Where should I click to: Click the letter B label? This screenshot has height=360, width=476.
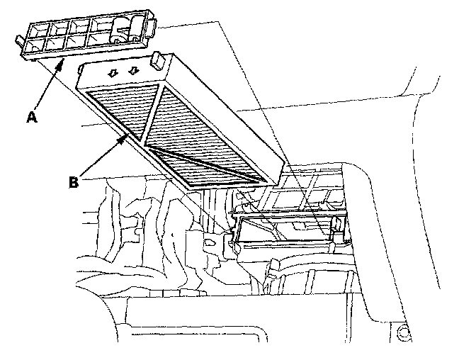coord(73,181)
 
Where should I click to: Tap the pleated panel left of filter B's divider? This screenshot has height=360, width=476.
coord(120,106)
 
